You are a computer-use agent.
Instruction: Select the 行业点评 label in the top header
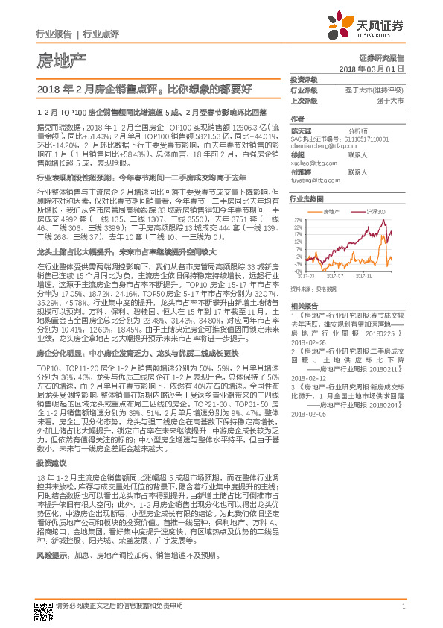pos(101,34)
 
